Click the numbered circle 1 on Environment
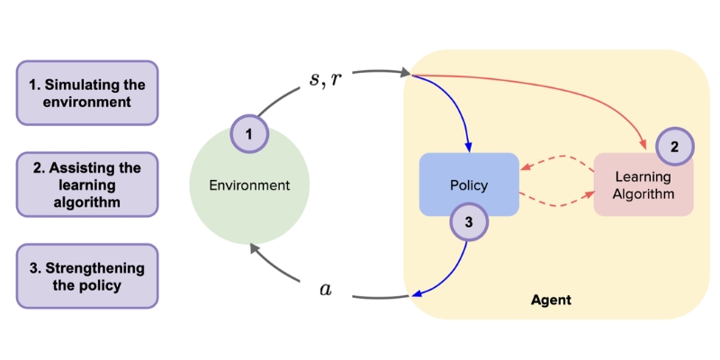pos(250,136)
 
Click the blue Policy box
pos(469,184)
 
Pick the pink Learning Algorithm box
pos(643,184)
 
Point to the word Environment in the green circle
pos(249,185)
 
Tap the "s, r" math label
pos(326,78)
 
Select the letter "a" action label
pos(326,289)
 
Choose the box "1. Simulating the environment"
pos(86,93)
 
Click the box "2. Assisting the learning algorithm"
pos(86,184)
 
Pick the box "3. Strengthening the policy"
pos(86,277)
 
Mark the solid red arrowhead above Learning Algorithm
pos(643,147)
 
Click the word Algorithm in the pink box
pos(643,194)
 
